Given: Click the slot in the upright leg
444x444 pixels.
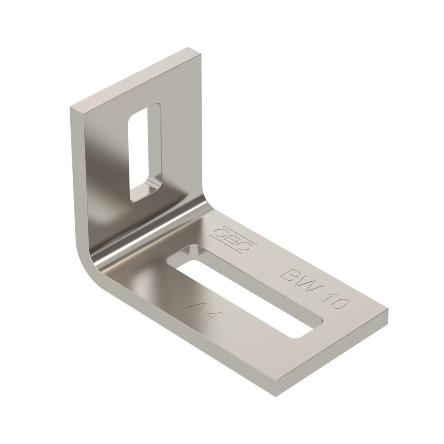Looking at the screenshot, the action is [x=145, y=153].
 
